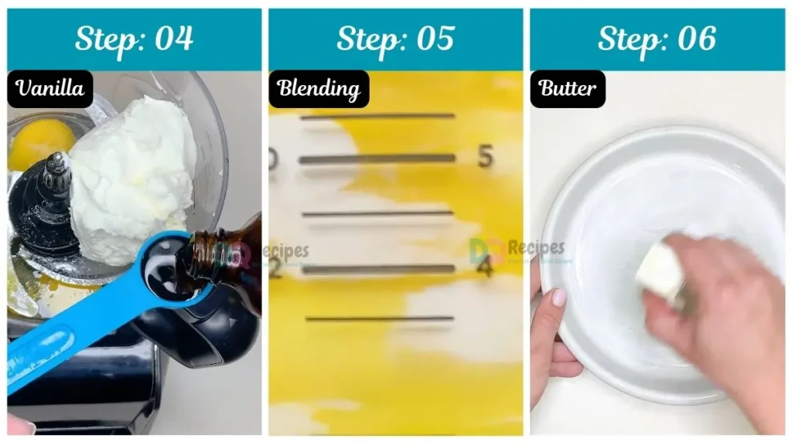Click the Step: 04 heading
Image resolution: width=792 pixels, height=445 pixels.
(x=134, y=39)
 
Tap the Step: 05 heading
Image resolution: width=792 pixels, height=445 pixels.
(x=395, y=39)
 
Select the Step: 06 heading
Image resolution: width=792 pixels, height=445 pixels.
(x=657, y=39)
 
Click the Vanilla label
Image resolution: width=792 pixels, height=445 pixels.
(x=50, y=89)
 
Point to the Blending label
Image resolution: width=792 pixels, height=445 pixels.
(x=319, y=89)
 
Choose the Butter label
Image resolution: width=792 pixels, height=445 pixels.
(x=568, y=89)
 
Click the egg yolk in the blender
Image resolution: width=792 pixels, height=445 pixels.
(x=41, y=144)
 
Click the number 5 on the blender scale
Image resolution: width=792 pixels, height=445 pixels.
(x=485, y=157)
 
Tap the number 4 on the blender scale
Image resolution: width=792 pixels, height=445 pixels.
(x=485, y=267)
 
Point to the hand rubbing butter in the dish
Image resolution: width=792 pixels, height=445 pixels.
(x=712, y=317)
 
